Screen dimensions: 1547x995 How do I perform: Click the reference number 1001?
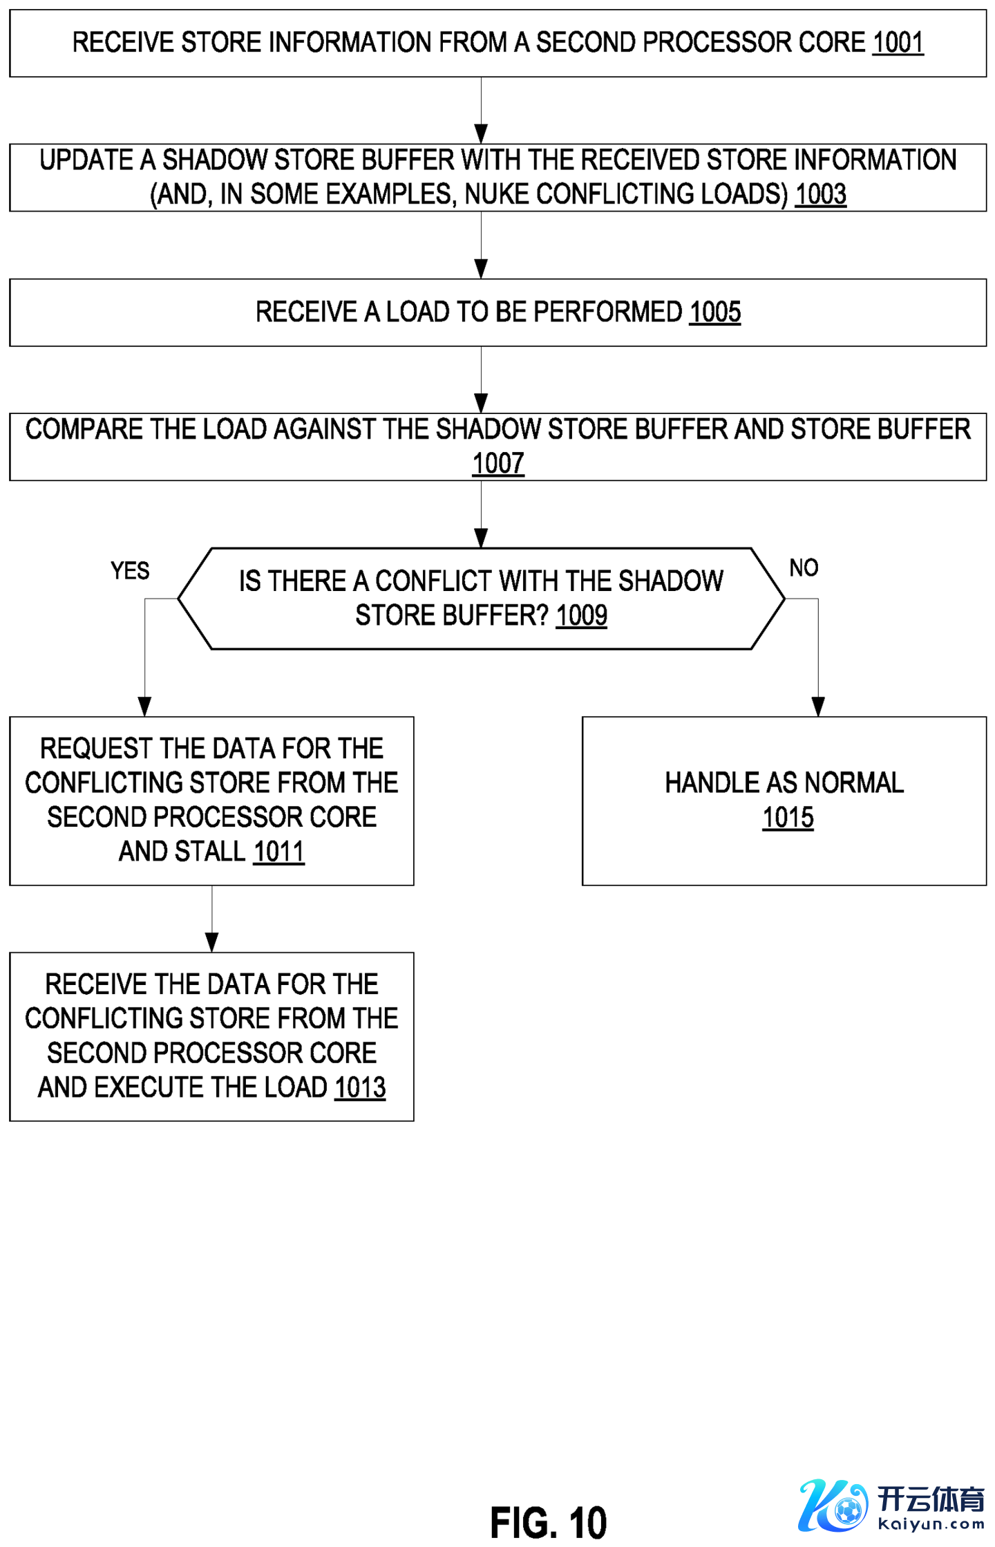pos(897,43)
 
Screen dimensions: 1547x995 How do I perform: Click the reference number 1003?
pos(820,194)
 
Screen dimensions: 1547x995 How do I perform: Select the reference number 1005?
pos(714,312)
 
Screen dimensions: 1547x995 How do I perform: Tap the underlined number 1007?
pos(497,463)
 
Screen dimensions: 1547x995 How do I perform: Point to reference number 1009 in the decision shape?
pos(581,615)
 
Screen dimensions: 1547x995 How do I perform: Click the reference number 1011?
pos(278,852)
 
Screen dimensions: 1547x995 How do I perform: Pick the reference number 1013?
pos(359,1087)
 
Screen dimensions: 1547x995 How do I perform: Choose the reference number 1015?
pos(788,818)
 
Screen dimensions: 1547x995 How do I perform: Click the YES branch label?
pos(130,571)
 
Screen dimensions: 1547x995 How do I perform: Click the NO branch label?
pos(804,568)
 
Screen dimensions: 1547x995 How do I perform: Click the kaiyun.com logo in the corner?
pos(891,1506)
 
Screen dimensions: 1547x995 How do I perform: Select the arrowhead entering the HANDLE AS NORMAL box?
pos(818,706)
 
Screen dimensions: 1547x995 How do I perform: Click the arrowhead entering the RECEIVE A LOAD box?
pos(481,269)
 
